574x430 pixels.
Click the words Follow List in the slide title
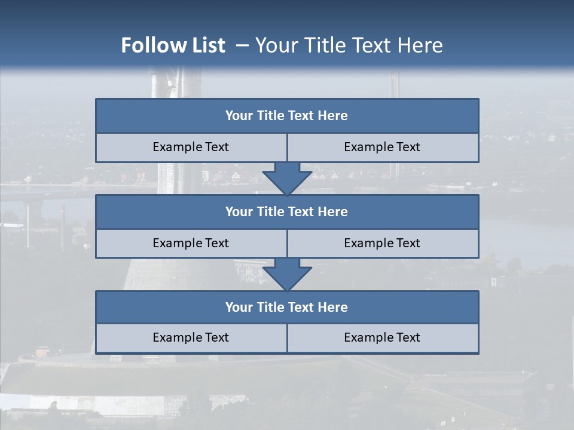pyautogui.click(x=173, y=45)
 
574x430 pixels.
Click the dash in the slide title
pyautogui.click(x=243, y=45)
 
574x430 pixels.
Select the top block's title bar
pyautogui.click(x=287, y=116)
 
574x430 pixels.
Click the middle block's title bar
pyautogui.click(x=287, y=212)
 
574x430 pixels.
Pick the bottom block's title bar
pyautogui.click(x=287, y=308)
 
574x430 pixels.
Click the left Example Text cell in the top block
pyautogui.click(x=191, y=148)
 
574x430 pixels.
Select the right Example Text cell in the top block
pyautogui.click(x=383, y=148)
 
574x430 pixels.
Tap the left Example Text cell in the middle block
pyautogui.click(x=191, y=243)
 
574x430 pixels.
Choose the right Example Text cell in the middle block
pyautogui.click(x=383, y=243)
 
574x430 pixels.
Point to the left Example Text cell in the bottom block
pyautogui.click(x=191, y=338)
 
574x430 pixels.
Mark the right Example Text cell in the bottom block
pyautogui.click(x=383, y=338)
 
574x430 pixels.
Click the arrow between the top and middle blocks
pyautogui.click(x=287, y=179)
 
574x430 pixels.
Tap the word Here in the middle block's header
pyautogui.click(x=333, y=212)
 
